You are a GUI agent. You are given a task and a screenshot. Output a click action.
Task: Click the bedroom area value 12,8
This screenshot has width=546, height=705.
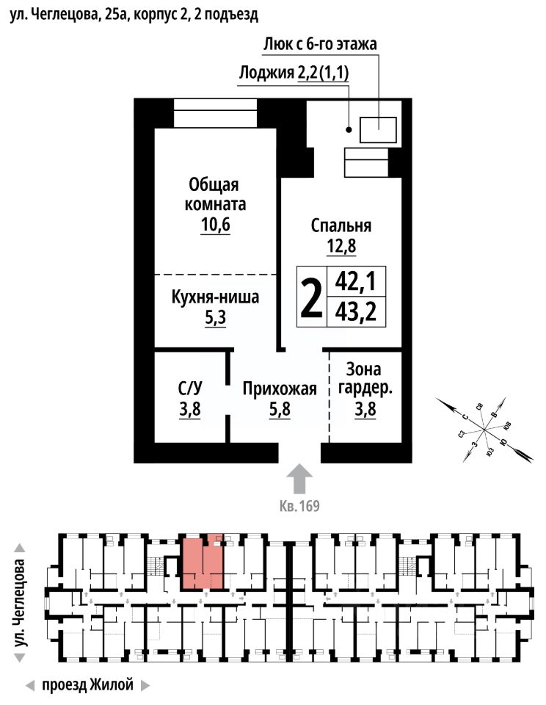(x=341, y=247)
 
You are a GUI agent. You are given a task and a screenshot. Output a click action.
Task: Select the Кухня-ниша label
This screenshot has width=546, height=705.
(x=216, y=299)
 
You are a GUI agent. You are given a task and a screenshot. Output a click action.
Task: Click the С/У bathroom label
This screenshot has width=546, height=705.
(x=190, y=387)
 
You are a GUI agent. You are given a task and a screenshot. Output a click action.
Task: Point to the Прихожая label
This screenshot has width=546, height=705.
(x=280, y=389)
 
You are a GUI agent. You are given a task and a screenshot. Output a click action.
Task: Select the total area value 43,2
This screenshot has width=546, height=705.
(x=355, y=312)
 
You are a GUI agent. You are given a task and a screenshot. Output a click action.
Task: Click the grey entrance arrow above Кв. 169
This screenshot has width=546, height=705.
(x=299, y=480)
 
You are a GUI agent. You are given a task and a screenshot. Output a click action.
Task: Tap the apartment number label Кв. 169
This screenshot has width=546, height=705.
(x=299, y=506)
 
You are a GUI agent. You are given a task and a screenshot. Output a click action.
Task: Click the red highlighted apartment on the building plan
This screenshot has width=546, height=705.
(x=203, y=564)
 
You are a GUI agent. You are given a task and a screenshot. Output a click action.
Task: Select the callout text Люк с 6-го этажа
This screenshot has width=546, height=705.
(x=320, y=44)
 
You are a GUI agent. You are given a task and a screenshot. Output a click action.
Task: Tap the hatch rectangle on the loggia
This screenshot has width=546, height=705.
(x=378, y=129)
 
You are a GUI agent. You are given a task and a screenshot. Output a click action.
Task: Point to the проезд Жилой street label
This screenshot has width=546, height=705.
(x=88, y=686)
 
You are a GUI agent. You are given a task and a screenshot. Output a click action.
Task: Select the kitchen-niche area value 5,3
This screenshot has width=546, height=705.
(x=215, y=319)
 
